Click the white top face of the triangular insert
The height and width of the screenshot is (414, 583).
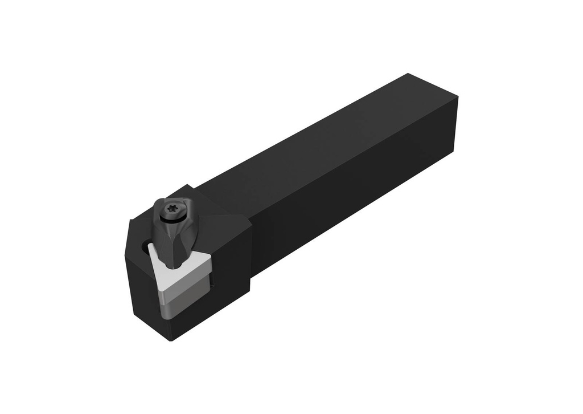point(185,265)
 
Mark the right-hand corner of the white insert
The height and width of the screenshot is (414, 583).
point(211,258)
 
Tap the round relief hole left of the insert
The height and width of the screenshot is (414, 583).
point(143,247)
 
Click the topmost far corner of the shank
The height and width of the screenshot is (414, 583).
point(408,74)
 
